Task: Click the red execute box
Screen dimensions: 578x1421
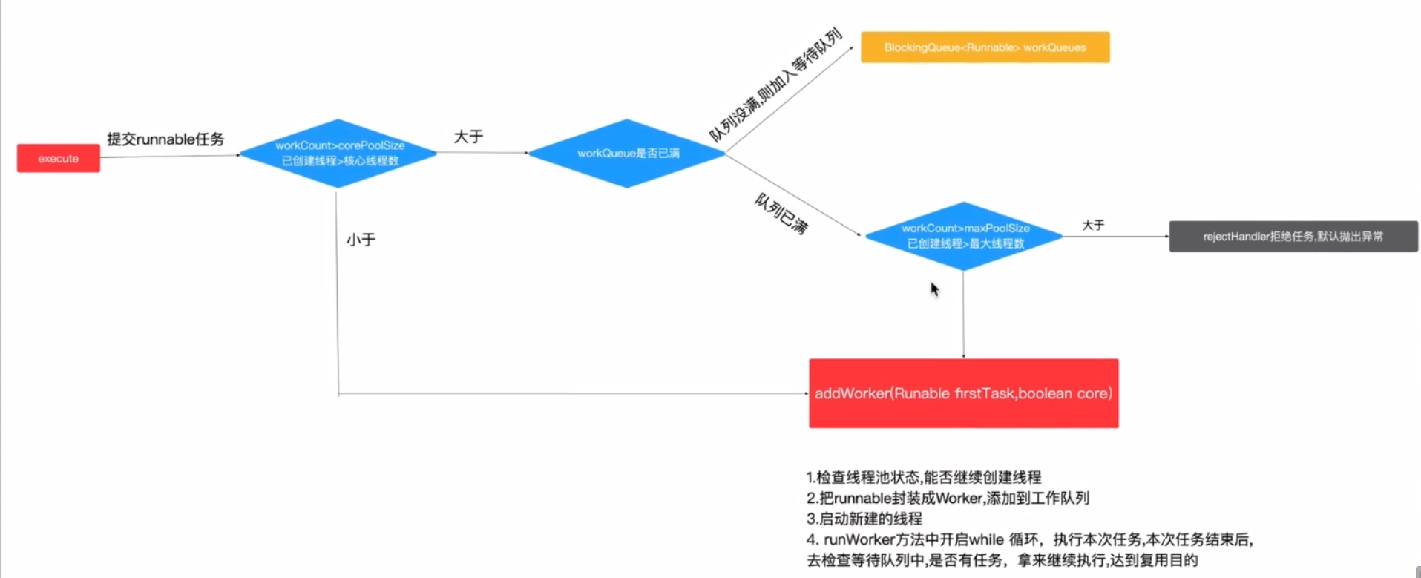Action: (58, 158)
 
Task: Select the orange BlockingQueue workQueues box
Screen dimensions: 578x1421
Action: (985, 47)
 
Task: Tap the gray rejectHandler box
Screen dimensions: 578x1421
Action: (1293, 237)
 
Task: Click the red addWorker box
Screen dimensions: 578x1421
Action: (963, 393)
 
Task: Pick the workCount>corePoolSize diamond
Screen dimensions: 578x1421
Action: (338, 154)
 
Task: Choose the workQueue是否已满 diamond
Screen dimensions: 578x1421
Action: (627, 154)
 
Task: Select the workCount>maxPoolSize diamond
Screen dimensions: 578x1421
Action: (964, 236)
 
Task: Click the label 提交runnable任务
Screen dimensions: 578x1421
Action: (165, 139)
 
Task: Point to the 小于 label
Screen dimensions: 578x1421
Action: (361, 240)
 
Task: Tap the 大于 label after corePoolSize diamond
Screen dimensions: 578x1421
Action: (468, 137)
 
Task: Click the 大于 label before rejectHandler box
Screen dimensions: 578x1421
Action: (1093, 225)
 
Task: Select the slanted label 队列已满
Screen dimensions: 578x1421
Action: (781, 214)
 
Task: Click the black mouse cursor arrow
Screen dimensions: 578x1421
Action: (934, 289)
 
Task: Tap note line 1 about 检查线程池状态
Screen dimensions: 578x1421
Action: (923, 477)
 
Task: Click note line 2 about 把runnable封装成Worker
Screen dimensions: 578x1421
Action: (948, 498)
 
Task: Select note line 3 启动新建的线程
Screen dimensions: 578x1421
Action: (864, 519)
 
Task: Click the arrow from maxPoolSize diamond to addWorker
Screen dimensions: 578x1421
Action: (963, 315)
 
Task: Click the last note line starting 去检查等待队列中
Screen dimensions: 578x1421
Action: (1002, 560)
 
